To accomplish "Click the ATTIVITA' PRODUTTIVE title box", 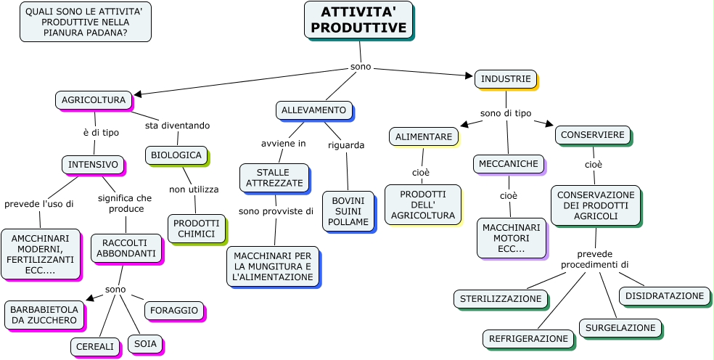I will point(358,20).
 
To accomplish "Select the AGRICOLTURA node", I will point(94,100).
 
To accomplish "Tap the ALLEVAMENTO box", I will point(313,110).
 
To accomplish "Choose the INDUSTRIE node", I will point(506,79).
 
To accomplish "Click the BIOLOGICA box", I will point(176,155).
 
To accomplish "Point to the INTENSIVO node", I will point(93,165).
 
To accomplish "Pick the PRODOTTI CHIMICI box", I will point(196,229).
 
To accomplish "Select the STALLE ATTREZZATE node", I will point(274,178).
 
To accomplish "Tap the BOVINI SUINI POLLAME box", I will point(348,211).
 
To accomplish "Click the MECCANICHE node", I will point(508,164).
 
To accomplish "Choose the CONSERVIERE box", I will point(592,135).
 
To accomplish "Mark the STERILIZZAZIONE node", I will point(501,298).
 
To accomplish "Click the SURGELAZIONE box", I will point(620,328).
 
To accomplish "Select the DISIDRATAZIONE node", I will point(664,296).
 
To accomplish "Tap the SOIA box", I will point(145,344).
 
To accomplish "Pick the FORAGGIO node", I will point(174,311).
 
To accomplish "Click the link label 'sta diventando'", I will point(177,126).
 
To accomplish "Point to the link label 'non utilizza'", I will point(194,189).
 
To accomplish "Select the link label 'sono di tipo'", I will point(506,113).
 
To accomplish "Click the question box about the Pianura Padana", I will point(85,22).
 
